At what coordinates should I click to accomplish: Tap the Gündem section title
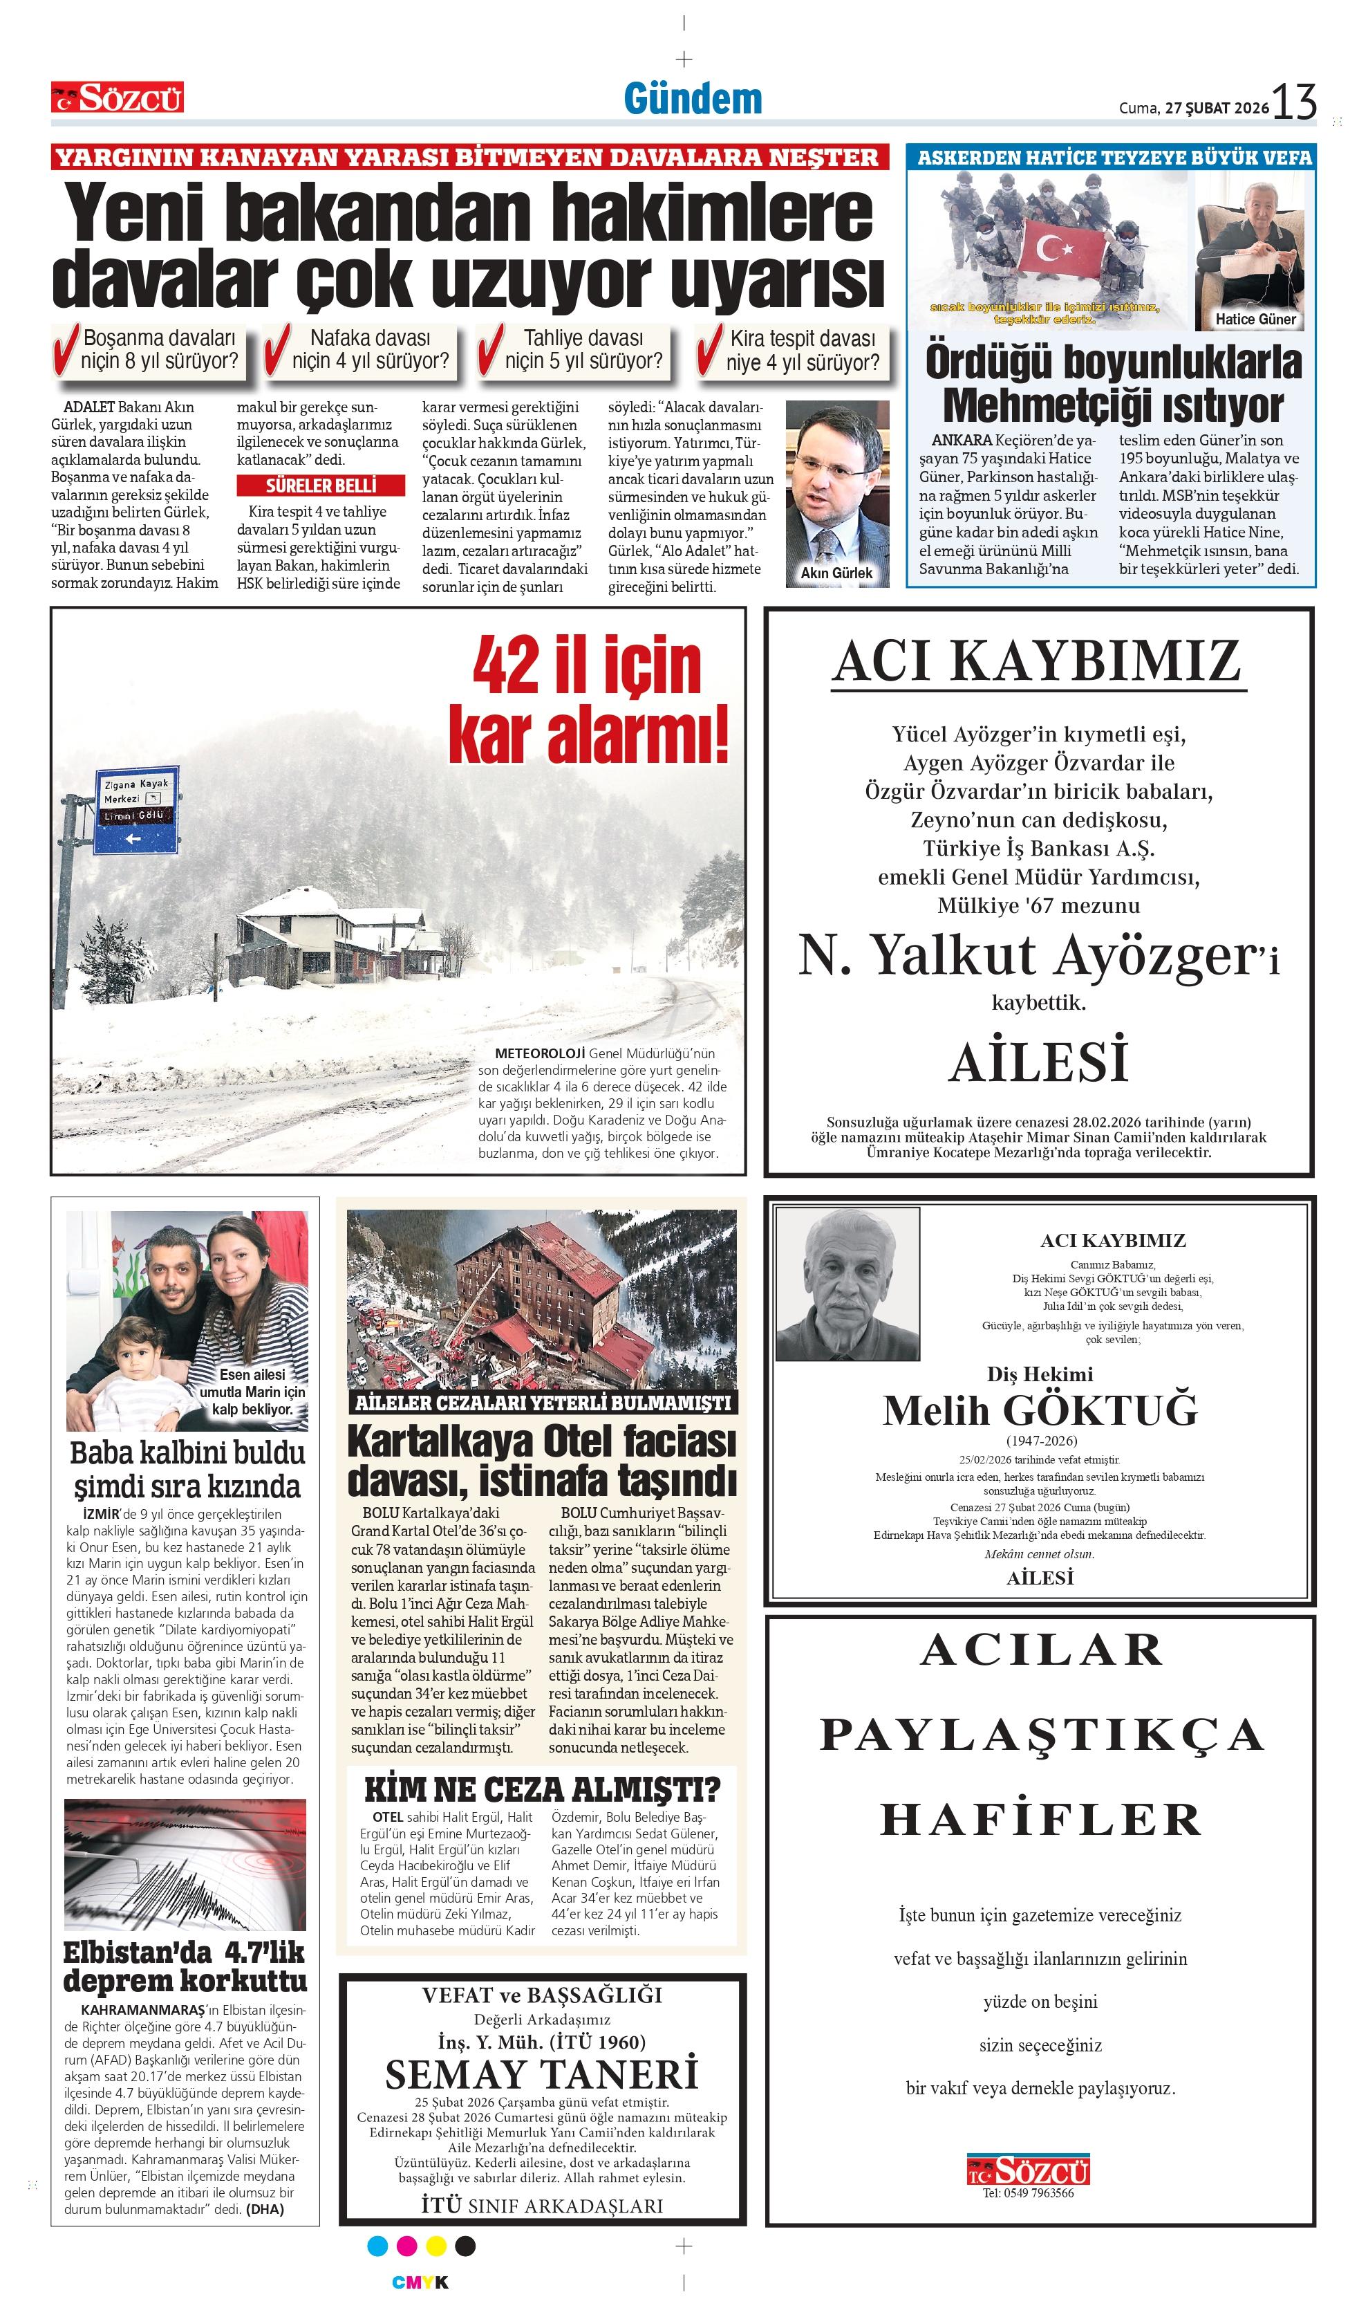click(x=693, y=99)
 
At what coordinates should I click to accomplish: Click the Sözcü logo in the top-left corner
click(x=117, y=97)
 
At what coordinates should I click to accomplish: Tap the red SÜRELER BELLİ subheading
click(x=321, y=485)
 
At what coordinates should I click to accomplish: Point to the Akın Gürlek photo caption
click(x=836, y=573)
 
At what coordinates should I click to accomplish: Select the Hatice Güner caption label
click(x=1255, y=319)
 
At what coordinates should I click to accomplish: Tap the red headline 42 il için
click(x=587, y=666)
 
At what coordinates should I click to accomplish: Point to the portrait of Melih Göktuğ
click(x=848, y=1284)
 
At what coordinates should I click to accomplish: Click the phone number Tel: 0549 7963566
click(x=1028, y=2192)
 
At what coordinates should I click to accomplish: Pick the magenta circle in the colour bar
click(x=406, y=2245)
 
